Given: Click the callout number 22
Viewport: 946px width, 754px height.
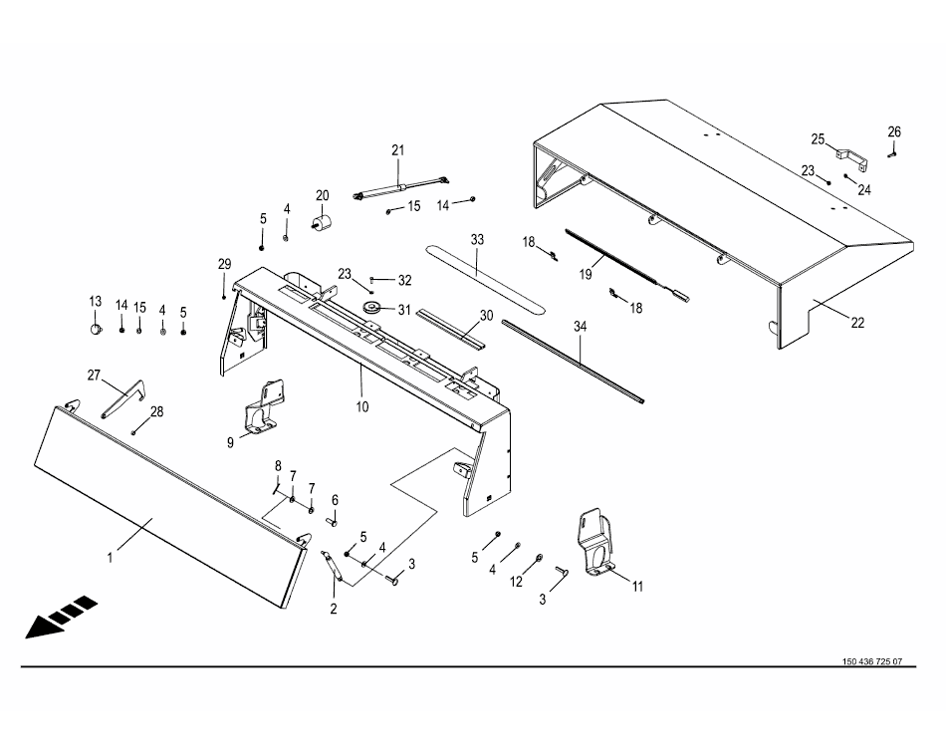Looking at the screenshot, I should pos(857,322).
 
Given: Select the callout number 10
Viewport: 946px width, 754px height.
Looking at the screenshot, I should pos(362,406).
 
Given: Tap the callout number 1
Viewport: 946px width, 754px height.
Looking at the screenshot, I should pos(112,559).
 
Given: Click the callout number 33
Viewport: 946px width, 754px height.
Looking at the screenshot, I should pos(477,240).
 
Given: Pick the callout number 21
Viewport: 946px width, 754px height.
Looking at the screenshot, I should pos(398,150).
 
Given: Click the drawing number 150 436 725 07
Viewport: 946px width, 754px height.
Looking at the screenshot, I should pos(872,662).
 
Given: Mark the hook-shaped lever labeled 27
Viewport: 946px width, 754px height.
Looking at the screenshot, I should pos(123,394).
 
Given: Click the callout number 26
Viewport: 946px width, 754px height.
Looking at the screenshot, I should pos(894,131).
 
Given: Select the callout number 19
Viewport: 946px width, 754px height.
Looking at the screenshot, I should pos(587,272).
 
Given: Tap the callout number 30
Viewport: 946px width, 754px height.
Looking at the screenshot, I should pos(486,315).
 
